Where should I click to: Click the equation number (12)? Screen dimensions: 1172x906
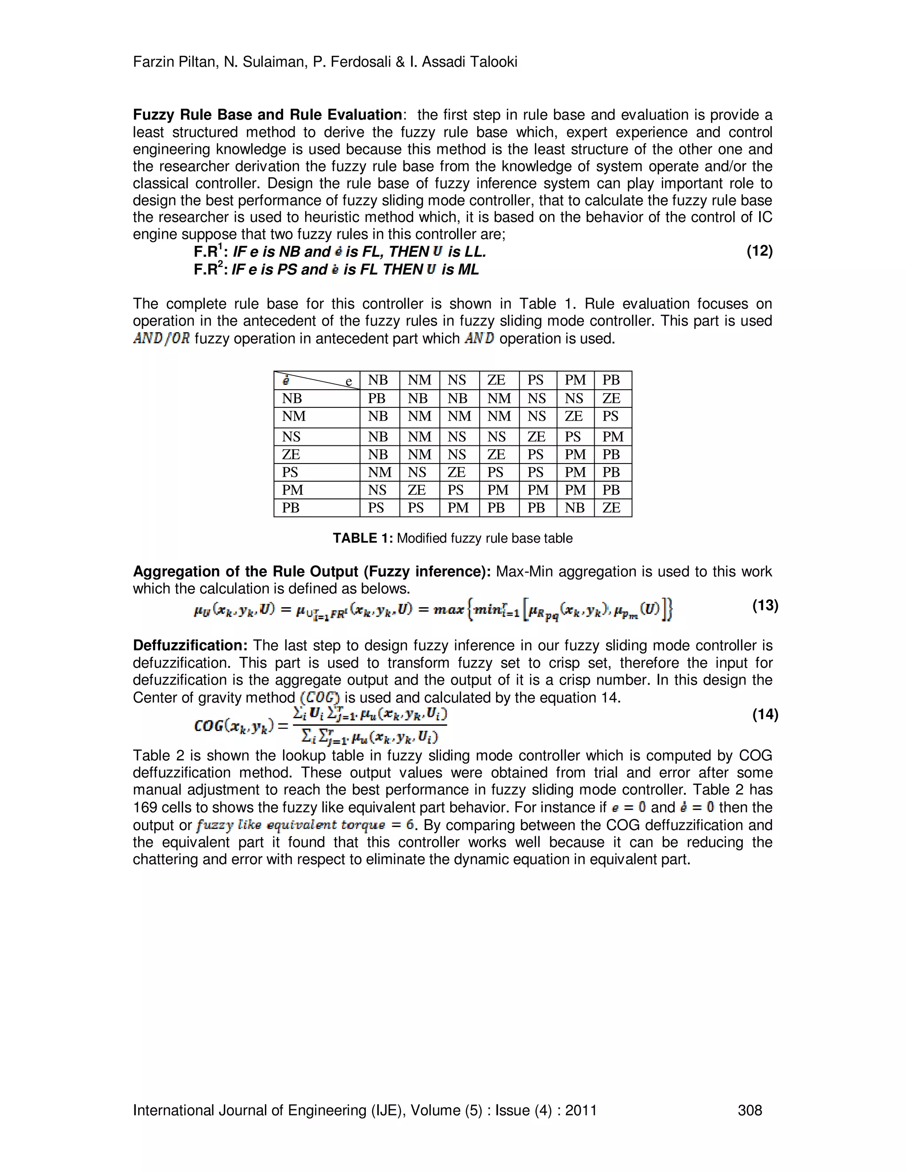(x=759, y=251)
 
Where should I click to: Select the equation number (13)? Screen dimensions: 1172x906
(x=765, y=605)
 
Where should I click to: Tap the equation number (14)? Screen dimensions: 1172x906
(x=765, y=714)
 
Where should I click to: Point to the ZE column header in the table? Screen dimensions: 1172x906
(x=496, y=380)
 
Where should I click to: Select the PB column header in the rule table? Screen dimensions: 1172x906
(x=611, y=380)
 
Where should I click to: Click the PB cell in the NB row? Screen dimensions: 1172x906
(x=377, y=398)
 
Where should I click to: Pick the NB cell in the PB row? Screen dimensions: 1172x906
(x=574, y=508)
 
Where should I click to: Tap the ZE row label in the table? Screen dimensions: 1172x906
(x=291, y=455)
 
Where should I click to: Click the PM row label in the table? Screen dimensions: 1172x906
(x=292, y=490)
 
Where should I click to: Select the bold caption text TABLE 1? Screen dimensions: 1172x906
(x=363, y=538)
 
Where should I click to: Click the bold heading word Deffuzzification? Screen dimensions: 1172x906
(x=190, y=646)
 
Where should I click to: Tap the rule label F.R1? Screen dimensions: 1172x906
(x=209, y=252)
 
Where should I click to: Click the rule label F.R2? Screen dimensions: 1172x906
(x=209, y=269)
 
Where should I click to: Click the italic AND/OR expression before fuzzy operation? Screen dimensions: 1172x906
(x=161, y=339)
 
